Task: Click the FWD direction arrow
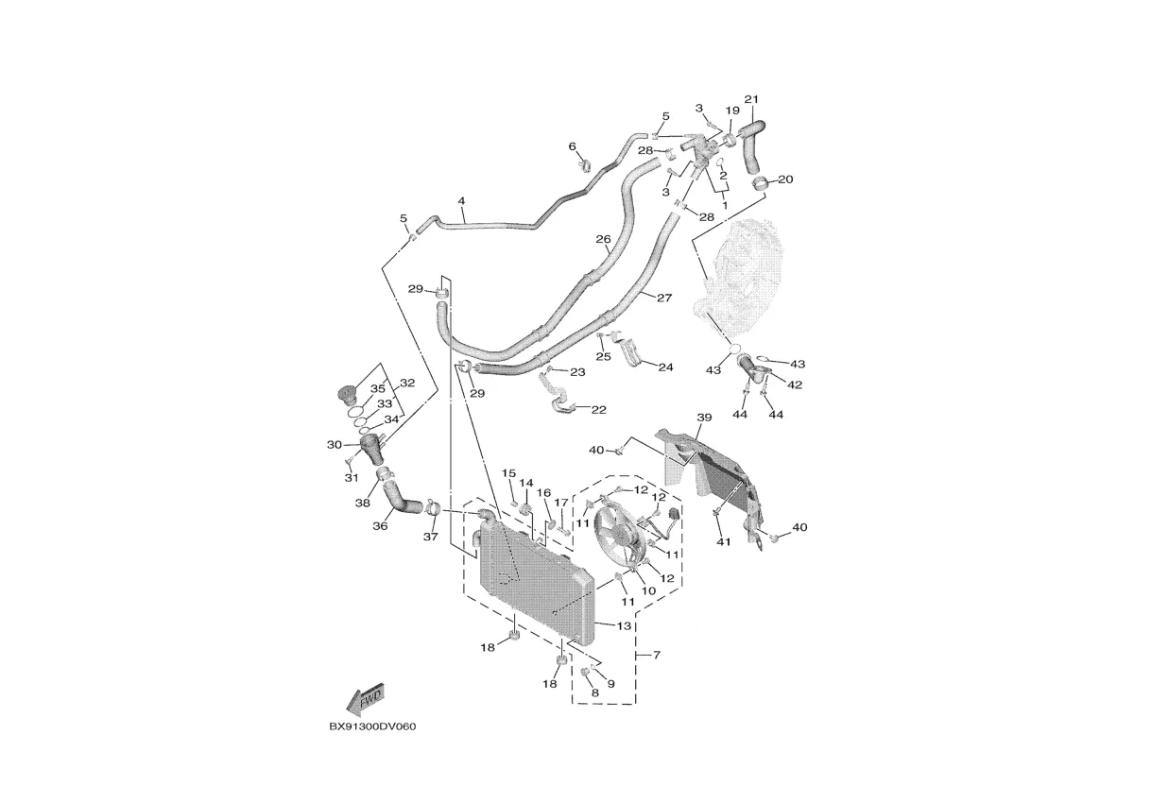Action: (x=363, y=699)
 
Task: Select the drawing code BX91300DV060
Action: (x=372, y=727)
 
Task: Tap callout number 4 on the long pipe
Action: (x=461, y=201)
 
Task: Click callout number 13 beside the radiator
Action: (x=624, y=625)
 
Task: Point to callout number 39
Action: (x=704, y=417)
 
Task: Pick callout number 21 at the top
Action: (x=751, y=99)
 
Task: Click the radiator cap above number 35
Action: (x=351, y=394)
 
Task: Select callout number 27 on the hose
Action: (x=663, y=298)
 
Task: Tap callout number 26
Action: (x=603, y=240)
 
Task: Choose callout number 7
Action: (x=656, y=654)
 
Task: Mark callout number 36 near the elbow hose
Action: (x=380, y=526)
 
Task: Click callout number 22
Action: (x=598, y=409)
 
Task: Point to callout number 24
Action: (x=665, y=367)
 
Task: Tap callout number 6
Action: (x=572, y=145)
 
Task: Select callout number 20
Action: (x=785, y=179)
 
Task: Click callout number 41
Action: (x=724, y=541)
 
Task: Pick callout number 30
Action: (x=334, y=445)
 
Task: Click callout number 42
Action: (x=795, y=384)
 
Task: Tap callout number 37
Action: (x=431, y=537)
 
